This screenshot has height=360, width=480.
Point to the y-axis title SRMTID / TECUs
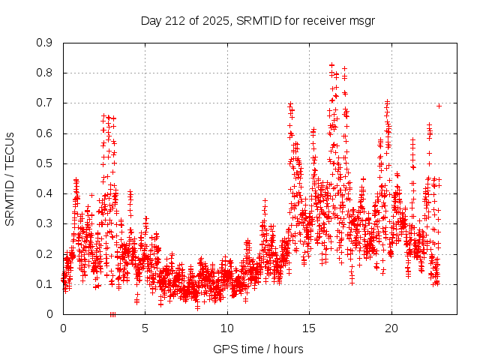click(10, 178)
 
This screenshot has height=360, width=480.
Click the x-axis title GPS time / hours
click(258, 349)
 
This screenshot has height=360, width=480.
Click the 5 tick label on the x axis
click(145, 328)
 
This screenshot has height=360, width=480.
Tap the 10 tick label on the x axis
click(227, 328)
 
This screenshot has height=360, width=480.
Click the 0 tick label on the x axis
click(63, 328)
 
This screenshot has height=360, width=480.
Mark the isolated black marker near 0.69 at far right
click(439, 106)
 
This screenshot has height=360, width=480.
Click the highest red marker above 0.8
click(331, 65)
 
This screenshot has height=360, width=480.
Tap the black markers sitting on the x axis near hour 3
click(112, 313)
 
